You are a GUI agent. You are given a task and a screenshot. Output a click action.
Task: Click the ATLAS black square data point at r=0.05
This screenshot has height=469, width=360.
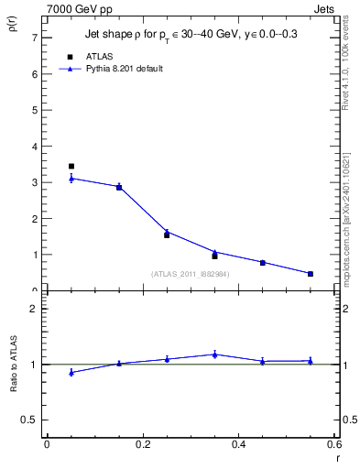click(71, 167)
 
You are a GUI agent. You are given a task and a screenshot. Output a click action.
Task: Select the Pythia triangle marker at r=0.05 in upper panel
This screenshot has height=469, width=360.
click(71, 179)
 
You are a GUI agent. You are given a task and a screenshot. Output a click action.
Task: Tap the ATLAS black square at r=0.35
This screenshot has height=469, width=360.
click(214, 256)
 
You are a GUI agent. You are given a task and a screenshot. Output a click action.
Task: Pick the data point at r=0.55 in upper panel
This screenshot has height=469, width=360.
click(311, 274)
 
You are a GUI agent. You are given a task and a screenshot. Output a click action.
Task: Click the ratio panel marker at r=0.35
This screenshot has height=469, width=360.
click(214, 354)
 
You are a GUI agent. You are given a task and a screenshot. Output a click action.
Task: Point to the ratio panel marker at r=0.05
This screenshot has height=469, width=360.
click(71, 372)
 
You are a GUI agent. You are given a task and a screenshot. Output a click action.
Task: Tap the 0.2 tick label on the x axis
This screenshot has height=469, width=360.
click(142, 444)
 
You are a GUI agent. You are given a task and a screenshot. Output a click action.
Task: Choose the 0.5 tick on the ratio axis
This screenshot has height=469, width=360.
click(29, 420)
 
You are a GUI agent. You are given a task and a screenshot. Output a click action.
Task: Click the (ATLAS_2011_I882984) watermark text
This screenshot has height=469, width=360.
click(191, 274)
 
